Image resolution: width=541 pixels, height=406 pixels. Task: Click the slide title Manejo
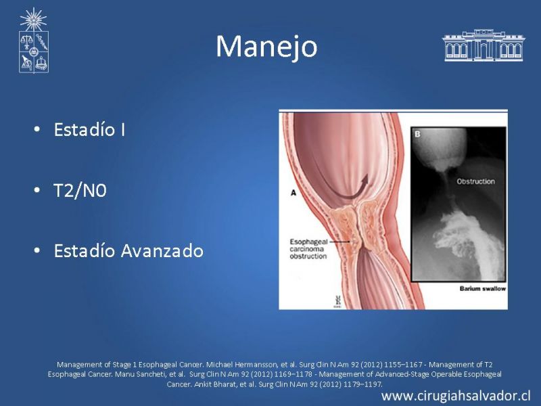(266, 47)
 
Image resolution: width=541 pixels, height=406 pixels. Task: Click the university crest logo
(33, 41)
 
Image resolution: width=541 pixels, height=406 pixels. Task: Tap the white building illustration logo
(484, 45)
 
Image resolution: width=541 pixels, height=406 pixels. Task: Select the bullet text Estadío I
(89, 129)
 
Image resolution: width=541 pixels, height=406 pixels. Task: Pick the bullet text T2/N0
(80, 190)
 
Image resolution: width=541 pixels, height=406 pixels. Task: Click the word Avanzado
(162, 251)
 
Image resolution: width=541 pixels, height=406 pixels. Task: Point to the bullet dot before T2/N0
(37, 190)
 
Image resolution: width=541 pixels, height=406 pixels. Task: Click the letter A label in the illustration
(293, 193)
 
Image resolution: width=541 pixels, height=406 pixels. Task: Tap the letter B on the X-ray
(417, 134)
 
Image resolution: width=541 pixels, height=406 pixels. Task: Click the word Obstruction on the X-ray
(475, 181)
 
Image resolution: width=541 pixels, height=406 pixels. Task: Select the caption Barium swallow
(482, 289)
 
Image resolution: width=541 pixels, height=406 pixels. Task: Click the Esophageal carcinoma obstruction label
(308, 249)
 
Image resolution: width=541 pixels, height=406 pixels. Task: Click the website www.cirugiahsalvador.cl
(456, 396)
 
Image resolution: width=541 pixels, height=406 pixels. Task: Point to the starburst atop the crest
(33, 20)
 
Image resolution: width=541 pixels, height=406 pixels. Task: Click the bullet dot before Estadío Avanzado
(37, 250)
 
